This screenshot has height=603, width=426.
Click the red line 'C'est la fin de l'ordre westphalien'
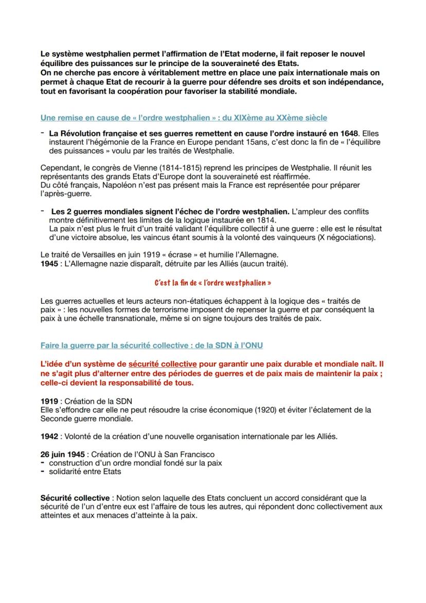(x=212, y=283)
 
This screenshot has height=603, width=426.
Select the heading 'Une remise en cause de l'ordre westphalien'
(x=184, y=118)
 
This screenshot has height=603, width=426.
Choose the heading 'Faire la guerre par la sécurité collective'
(x=152, y=345)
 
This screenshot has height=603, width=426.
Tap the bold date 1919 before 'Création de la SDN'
(x=49, y=401)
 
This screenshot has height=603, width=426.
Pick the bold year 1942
(x=49, y=436)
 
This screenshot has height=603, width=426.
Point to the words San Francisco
(x=192, y=454)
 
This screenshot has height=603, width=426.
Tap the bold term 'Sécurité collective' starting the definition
(x=75, y=498)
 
